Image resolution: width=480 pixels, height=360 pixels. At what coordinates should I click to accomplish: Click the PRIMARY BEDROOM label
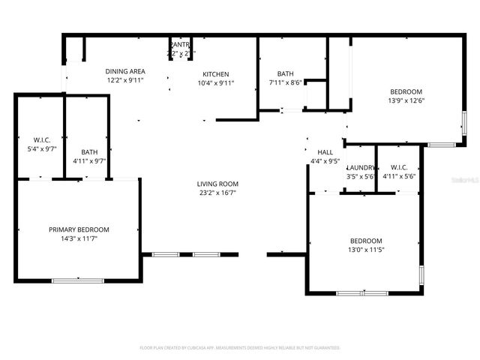[x=79, y=229]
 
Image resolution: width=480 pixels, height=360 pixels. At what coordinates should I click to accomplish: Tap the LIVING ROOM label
[x=217, y=184]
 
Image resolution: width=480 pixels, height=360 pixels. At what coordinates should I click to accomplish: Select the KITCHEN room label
[x=216, y=74]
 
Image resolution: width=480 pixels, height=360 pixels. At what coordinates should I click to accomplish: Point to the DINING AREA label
[x=125, y=71]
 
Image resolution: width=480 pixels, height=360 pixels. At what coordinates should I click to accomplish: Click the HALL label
[x=325, y=152]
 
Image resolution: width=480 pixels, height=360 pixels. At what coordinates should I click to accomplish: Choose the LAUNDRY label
[x=361, y=167]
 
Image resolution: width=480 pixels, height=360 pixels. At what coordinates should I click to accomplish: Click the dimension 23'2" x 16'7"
[x=217, y=193]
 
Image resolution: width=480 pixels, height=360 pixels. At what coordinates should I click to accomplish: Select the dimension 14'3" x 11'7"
[x=79, y=238]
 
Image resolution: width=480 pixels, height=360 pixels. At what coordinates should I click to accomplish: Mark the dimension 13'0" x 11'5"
[x=366, y=250]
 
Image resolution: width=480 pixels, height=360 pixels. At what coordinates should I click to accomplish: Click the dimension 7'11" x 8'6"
[x=285, y=82]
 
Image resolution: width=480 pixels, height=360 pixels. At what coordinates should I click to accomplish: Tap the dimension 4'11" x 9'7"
[x=89, y=161]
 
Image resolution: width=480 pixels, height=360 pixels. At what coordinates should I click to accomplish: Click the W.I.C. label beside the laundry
[x=399, y=167]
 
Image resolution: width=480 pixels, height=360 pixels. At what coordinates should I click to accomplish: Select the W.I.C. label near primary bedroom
[x=41, y=139]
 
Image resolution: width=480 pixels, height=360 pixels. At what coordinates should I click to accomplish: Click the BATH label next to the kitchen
[x=285, y=73]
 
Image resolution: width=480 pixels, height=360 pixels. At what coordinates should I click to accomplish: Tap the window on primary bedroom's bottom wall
[x=78, y=280]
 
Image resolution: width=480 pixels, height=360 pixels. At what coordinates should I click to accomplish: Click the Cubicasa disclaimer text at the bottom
[x=240, y=348]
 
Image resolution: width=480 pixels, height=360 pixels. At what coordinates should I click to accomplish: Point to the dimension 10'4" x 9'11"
[x=216, y=83]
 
